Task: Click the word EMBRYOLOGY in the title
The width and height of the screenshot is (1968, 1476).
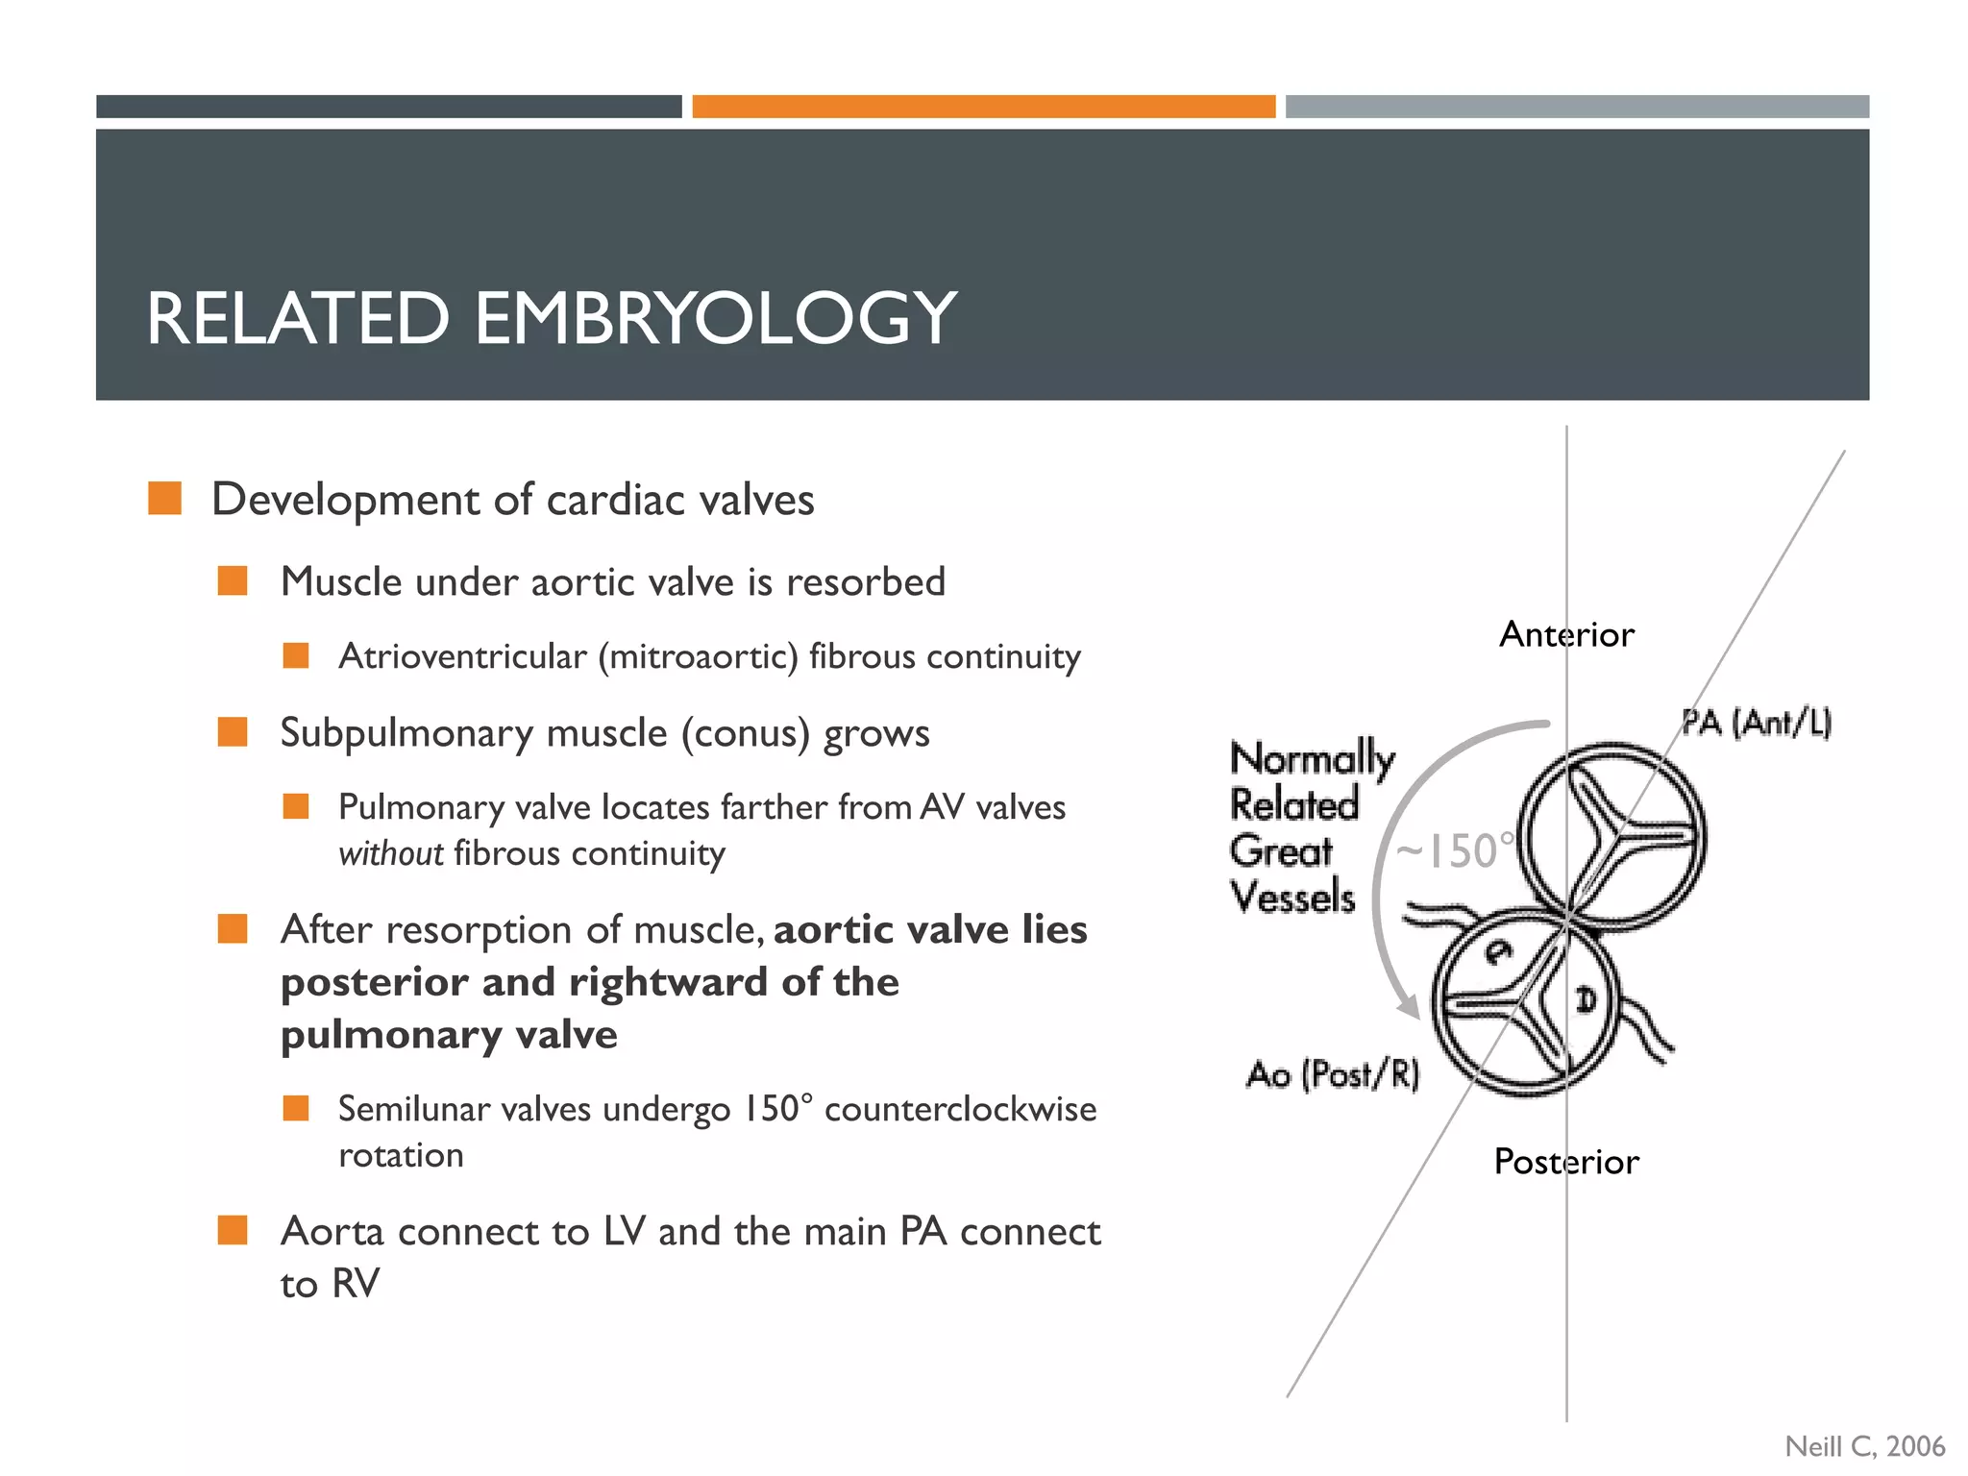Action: pyautogui.click(x=715, y=319)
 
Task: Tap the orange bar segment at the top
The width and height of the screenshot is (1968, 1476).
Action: pyautogui.click(x=983, y=107)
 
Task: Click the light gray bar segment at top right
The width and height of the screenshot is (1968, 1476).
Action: pyautogui.click(x=1576, y=107)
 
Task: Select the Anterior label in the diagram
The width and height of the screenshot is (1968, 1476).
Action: pyautogui.click(x=1566, y=635)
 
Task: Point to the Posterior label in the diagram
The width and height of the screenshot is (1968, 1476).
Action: pyautogui.click(x=1566, y=1162)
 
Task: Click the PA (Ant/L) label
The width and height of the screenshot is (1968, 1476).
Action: pyautogui.click(x=1756, y=722)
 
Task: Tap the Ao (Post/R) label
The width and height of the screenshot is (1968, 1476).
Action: pyautogui.click(x=1333, y=1074)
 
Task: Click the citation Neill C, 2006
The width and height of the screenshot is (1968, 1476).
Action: pyautogui.click(x=1864, y=1446)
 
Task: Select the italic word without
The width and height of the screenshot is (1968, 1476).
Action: pyautogui.click(x=390, y=853)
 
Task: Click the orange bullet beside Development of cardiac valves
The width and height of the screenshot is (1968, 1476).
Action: pyautogui.click(x=165, y=499)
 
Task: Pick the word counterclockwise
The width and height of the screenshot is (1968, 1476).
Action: pyautogui.click(x=960, y=1109)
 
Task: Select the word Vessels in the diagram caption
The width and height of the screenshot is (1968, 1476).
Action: pyautogui.click(x=1292, y=898)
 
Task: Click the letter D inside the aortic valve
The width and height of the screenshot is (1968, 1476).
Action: pyautogui.click(x=1586, y=999)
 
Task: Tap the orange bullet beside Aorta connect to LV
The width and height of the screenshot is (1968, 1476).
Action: pyautogui.click(x=233, y=1230)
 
